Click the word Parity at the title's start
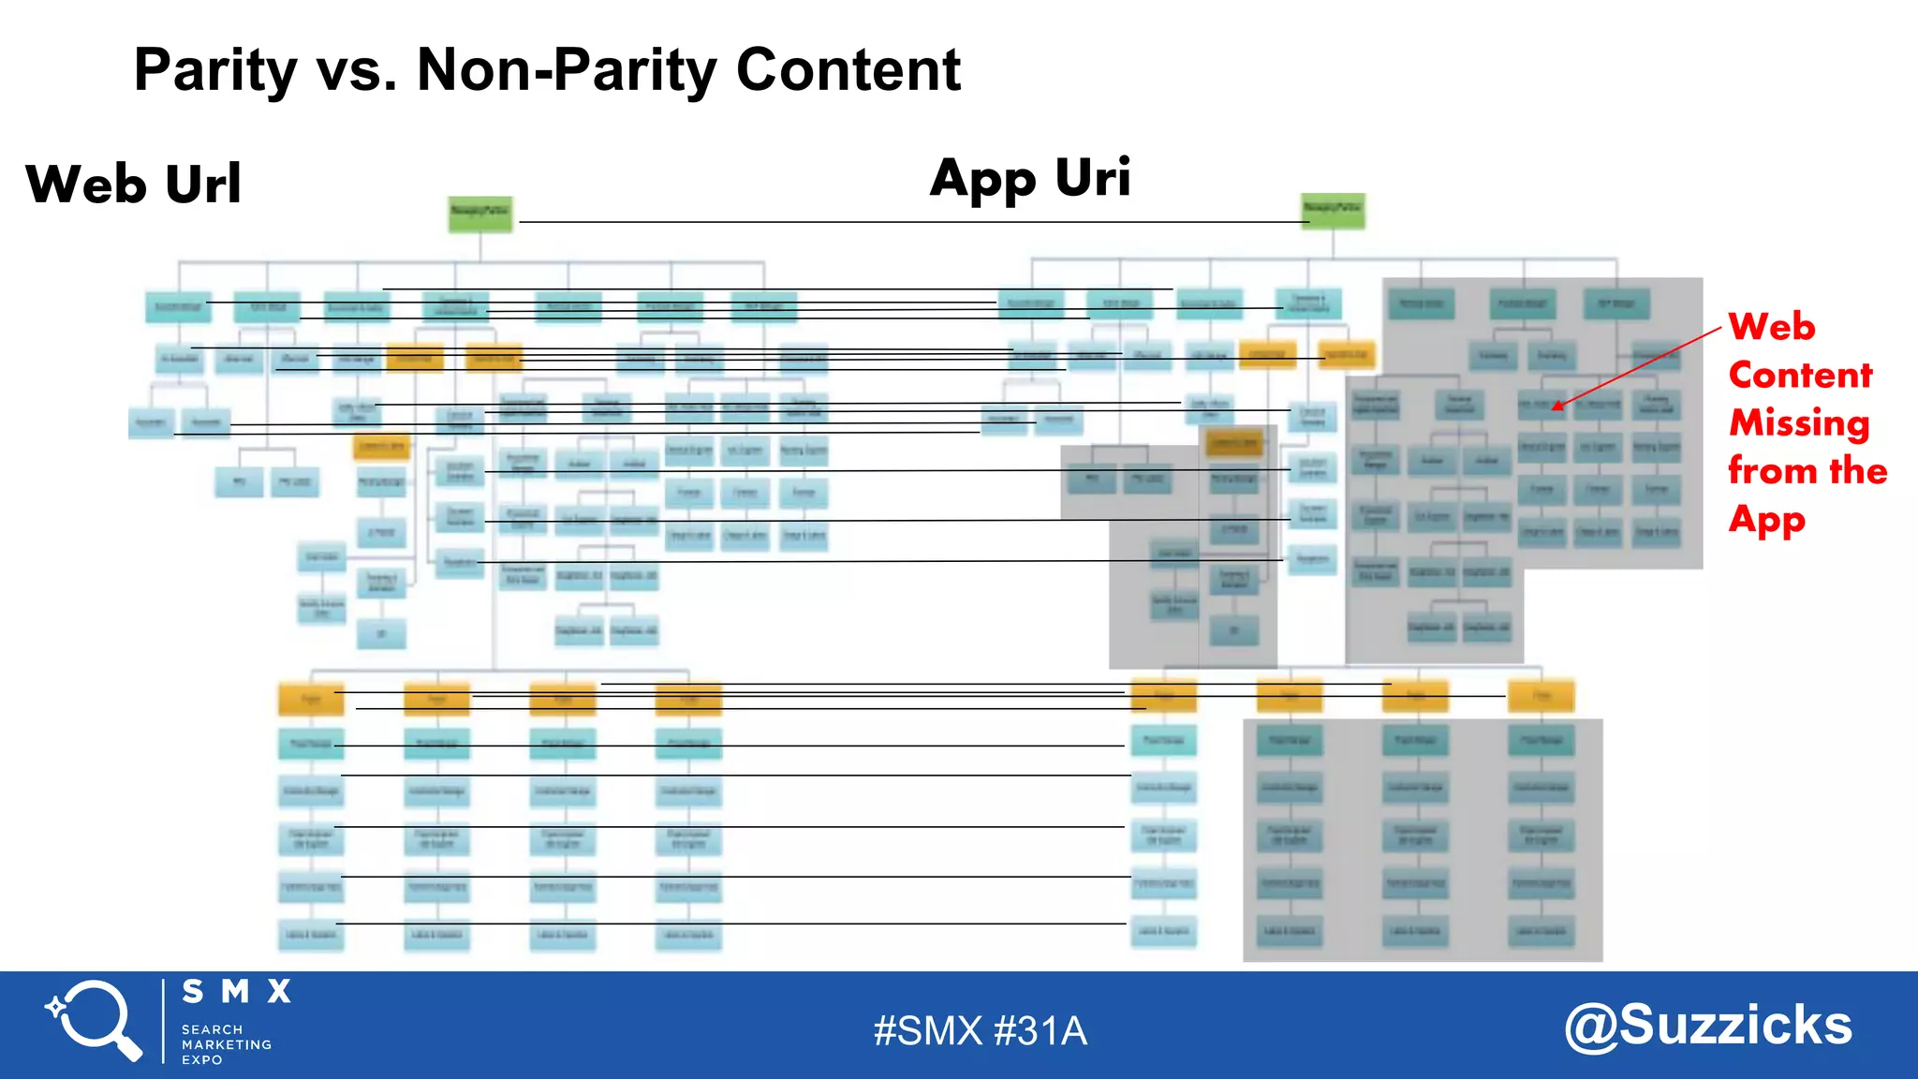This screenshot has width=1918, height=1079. tap(215, 70)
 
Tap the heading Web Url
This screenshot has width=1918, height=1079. tap(133, 184)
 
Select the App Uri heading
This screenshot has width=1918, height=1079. tap(1030, 178)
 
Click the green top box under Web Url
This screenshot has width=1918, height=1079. tap(479, 214)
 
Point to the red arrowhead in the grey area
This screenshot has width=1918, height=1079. tap(1557, 406)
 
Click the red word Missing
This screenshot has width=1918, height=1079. tap(1799, 423)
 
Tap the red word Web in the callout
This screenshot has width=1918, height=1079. tap(1771, 327)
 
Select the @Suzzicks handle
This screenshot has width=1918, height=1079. tap(1707, 1026)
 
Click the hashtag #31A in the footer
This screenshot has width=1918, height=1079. tap(1040, 1031)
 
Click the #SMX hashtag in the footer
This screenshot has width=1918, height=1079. tap(927, 1031)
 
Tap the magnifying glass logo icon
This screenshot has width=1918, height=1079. tap(94, 1021)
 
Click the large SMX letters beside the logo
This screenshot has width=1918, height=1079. tap(236, 992)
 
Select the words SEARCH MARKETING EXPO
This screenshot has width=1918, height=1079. tap(226, 1044)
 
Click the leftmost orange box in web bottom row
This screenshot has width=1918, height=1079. tap(311, 700)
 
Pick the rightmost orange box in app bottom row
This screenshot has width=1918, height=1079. tap(1541, 696)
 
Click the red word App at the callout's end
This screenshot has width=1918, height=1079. tap(1766, 520)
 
